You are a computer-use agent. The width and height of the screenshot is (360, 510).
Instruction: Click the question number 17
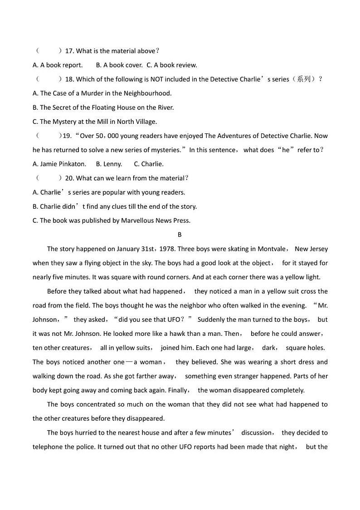click(x=69, y=51)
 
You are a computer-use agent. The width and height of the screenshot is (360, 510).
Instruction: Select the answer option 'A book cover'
click(x=123, y=65)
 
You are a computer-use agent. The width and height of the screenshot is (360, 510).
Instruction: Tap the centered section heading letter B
click(x=180, y=235)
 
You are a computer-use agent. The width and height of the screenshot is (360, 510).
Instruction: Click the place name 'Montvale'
click(x=272, y=249)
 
